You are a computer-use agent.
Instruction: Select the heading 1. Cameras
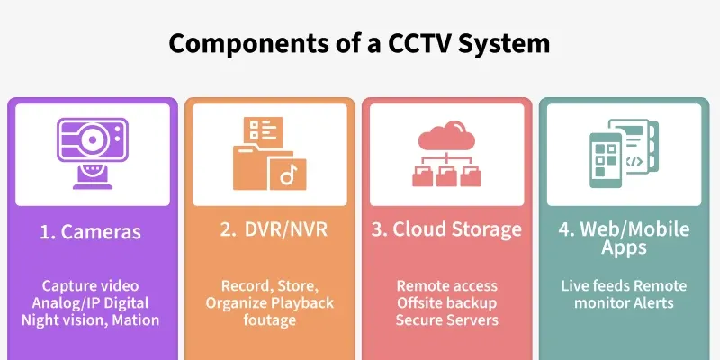click(x=90, y=231)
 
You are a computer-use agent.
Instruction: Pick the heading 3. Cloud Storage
click(x=446, y=229)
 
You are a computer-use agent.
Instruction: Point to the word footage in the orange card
click(x=266, y=319)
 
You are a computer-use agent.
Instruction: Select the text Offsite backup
click(x=447, y=303)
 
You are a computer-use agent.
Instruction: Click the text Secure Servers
click(x=447, y=319)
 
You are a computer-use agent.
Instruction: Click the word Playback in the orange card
click(x=301, y=303)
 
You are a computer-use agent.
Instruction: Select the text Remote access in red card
click(x=447, y=286)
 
